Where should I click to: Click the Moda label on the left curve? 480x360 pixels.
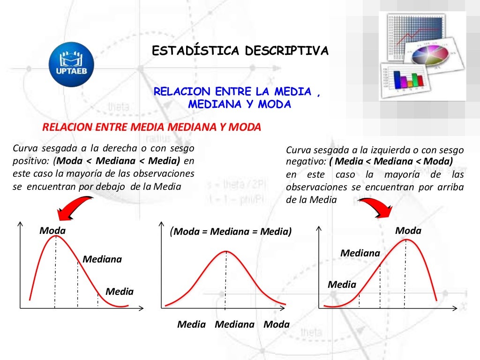(52, 231)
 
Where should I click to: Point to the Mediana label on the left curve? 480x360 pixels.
(102, 259)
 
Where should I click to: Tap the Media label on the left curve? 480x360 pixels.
(120, 292)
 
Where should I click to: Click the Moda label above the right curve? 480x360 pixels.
(408, 231)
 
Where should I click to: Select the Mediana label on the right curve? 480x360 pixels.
(360, 253)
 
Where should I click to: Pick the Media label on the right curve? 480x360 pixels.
(342, 284)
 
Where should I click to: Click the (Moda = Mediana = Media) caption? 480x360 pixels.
(231, 232)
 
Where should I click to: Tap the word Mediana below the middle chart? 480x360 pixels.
(234, 324)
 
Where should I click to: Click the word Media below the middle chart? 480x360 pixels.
(191, 324)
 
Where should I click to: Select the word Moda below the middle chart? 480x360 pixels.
(277, 324)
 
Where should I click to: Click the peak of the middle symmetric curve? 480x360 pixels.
(226, 251)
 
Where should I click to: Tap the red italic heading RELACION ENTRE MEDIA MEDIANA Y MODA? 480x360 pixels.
(151, 127)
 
